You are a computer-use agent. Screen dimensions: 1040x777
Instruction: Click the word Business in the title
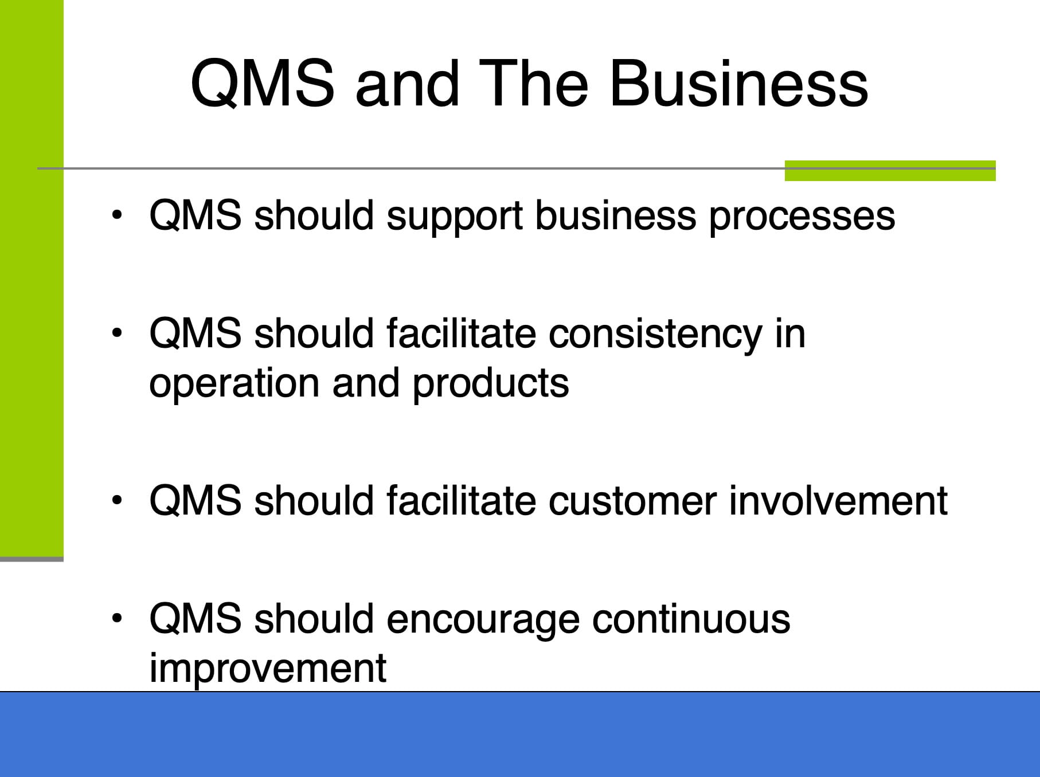coord(738,84)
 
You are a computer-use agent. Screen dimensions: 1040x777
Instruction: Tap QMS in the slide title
coord(263,84)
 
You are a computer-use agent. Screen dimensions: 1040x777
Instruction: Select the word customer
coord(632,501)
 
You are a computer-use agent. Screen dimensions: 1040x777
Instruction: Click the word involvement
coord(838,500)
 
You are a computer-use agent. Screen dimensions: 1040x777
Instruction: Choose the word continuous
coord(691,619)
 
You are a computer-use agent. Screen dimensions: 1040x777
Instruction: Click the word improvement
coord(268,668)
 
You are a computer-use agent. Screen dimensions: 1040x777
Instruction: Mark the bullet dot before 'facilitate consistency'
coord(118,333)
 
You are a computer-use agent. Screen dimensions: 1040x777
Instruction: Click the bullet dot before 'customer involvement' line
coord(118,500)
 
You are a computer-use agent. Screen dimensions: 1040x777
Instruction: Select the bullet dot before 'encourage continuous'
coord(118,618)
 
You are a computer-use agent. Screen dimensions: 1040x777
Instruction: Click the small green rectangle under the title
coord(890,171)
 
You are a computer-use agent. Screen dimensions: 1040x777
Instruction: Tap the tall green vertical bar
coord(32,278)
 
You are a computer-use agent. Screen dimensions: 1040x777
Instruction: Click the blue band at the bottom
coord(520,735)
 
